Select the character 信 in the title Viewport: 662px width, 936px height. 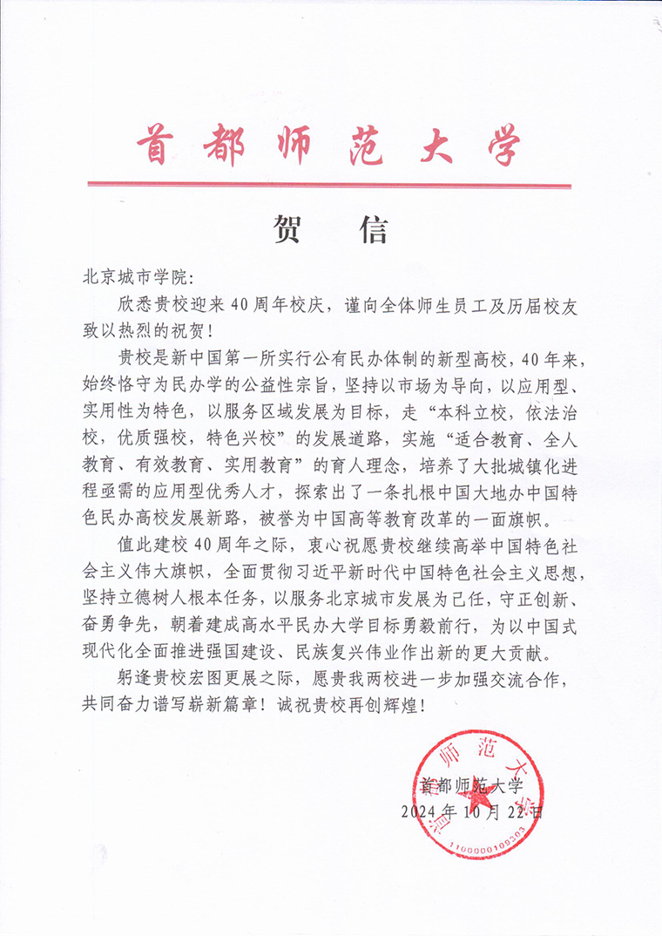coord(373,228)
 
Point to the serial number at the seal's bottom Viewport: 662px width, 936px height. coord(487,845)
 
